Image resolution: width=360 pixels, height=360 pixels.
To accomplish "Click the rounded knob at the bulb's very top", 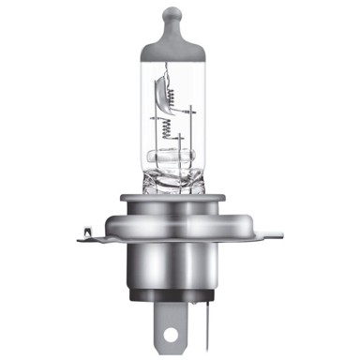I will (x=180, y=15).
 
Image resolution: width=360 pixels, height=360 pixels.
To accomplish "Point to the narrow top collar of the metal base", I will (x=180, y=198).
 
